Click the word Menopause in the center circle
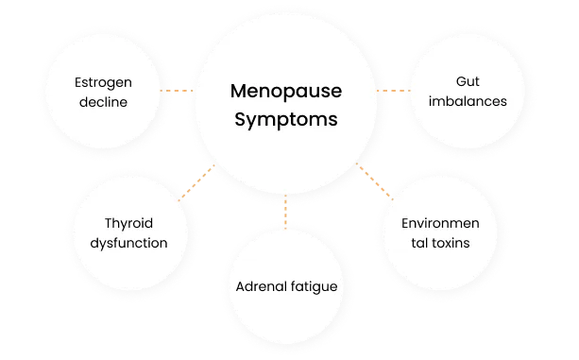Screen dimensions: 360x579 (284, 93)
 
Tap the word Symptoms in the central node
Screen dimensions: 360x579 (284, 121)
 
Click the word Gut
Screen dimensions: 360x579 (465, 81)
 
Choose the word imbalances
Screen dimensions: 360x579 (465, 101)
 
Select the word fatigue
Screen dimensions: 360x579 (313, 284)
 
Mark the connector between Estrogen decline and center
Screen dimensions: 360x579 (176, 92)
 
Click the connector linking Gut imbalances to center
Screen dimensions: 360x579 (392, 92)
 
